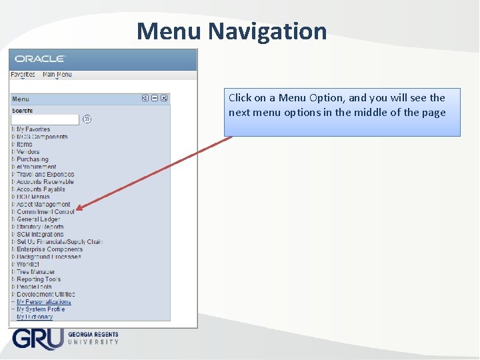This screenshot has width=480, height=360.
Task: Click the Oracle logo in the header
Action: (x=40, y=59)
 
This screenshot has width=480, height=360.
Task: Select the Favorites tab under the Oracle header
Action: (x=23, y=75)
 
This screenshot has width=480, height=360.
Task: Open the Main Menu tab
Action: (x=57, y=75)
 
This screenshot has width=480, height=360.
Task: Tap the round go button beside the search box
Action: (x=87, y=119)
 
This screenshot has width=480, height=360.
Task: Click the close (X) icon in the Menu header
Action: (x=165, y=99)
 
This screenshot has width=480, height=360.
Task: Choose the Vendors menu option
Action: (x=28, y=152)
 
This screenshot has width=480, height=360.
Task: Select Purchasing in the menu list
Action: (x=33, y=159)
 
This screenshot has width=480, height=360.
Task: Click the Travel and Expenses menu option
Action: (x=45, y=175)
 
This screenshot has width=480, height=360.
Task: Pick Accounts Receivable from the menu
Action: (x=45, y=182)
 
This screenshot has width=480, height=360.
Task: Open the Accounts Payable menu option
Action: (x=41, y=189)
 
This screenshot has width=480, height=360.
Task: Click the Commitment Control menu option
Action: (x=45, y=212)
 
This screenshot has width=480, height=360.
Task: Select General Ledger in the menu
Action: (x=38, y=219)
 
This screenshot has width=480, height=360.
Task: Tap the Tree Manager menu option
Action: (x=36, y=272)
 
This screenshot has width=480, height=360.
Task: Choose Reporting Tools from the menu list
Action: (x=39, y=279)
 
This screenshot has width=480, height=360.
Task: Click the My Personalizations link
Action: (x=43, y=302)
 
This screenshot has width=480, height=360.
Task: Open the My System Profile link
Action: (x=41, y=309)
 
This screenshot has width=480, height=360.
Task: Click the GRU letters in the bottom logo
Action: (x=37, y=338)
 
